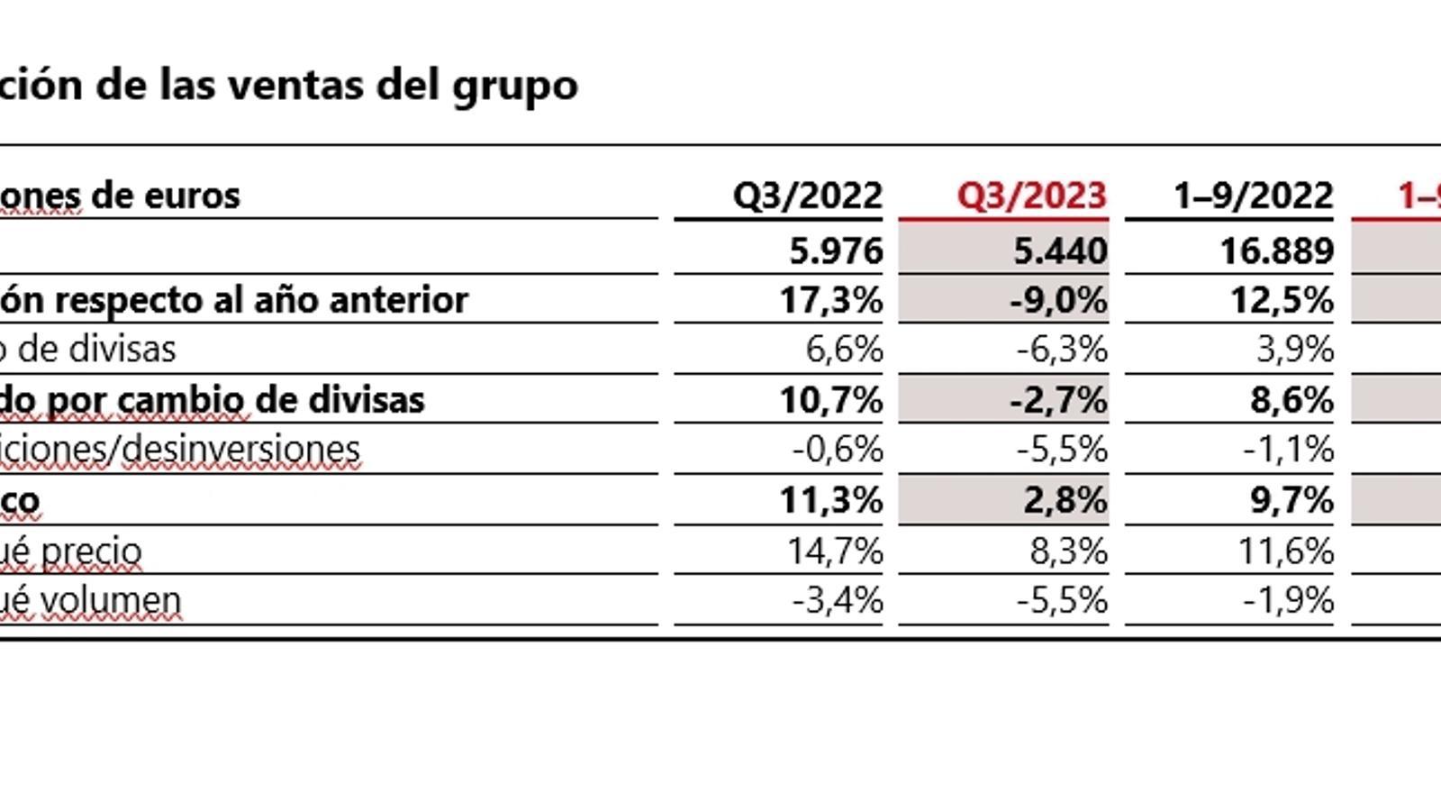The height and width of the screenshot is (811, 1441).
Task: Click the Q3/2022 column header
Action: tap(807, 196)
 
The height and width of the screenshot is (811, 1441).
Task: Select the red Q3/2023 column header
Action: tap(1031, 196)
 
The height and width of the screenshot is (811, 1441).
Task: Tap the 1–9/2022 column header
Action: tap(1254, 196)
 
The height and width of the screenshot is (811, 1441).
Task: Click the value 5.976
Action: tap(836, 251)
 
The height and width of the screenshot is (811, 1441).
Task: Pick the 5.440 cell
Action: tap(1060, 251)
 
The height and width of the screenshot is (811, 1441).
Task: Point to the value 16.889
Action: tap(1276, 251)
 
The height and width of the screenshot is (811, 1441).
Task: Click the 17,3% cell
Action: tap(830, 300)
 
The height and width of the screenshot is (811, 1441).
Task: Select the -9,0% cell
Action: tap(1058, 300)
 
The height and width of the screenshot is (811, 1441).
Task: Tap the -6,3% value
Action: tap(1062, 350)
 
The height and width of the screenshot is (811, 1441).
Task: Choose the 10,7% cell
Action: tap(830, 400)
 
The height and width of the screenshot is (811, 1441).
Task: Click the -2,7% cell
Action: tap(1058, 400)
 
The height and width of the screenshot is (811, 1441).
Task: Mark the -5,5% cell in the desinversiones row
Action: tap(1062, 450)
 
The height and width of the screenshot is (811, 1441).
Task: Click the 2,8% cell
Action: tap(1065, 500)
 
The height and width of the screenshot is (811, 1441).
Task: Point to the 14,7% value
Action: tap(835, 551)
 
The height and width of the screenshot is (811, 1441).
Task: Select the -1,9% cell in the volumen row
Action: tap(1288, 600)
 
